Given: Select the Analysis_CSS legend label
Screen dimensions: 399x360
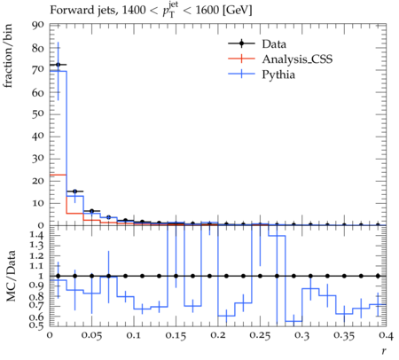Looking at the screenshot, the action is click(297, 59).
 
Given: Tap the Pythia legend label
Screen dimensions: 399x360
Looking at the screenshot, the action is click(278, 74).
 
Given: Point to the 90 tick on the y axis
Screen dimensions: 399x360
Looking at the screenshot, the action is click(38, 25).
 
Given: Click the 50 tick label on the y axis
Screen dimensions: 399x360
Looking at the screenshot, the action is click(38, 113).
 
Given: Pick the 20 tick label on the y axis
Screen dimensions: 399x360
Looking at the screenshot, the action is click(38, 181).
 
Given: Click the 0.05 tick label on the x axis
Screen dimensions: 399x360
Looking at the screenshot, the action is click(91, 335).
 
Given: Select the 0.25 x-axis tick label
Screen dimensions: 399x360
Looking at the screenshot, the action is click(260, 335).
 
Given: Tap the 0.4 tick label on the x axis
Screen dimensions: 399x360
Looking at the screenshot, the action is click(386, 335).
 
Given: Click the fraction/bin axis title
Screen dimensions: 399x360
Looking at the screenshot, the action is click(8, 56).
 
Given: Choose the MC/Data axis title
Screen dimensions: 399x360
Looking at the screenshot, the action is click(12, 276).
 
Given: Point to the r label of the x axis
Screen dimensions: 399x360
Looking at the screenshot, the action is click(384, 351).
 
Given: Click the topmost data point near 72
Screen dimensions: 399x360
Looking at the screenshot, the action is click(58, 65).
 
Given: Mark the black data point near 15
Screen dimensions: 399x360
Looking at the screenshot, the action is click(74, 192).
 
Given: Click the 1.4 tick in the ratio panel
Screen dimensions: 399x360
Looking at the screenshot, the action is click(37, 236).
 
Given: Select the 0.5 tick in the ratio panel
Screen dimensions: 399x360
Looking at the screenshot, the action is click(37, 325).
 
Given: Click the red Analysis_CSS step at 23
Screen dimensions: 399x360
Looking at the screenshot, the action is click(58, 175).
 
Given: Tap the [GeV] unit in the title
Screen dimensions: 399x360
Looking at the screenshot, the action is click(238, 10).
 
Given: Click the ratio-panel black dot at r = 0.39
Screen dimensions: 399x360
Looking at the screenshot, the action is click(378, 276).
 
